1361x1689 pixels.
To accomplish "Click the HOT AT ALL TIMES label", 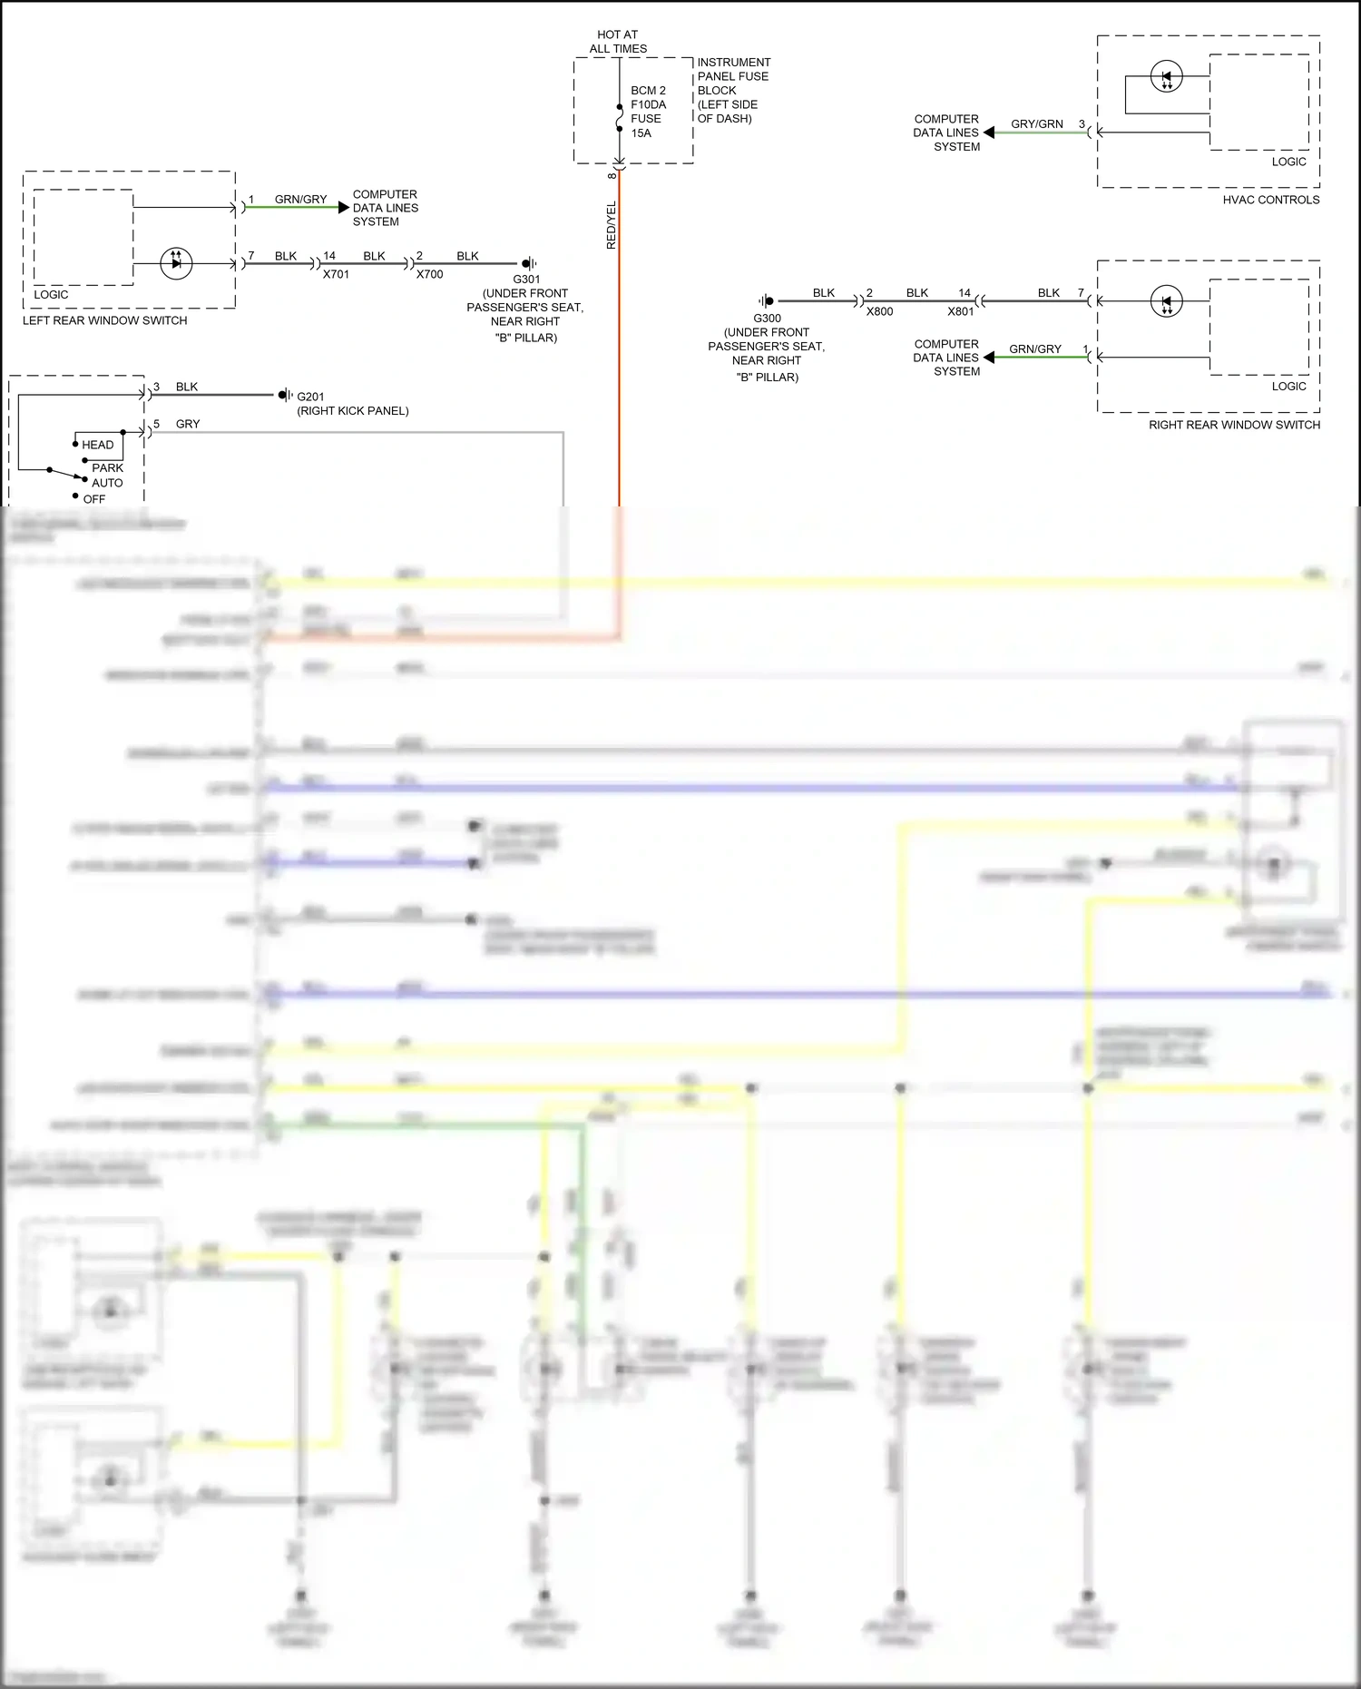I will [617, 42].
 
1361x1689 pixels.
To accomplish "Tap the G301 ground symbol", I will [528, 263].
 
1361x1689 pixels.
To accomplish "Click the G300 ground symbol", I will [768, 300].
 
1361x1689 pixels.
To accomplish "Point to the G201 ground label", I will [310, 397].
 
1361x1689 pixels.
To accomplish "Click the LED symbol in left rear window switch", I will [176, 263].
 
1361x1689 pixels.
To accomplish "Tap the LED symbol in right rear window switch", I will [1167, 301].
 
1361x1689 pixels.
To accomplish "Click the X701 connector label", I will [336, 274].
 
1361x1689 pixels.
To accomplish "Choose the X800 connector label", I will [879, 311].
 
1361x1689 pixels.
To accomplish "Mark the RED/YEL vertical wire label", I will [611, 225].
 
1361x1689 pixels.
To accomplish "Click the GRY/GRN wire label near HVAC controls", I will [1037, 123].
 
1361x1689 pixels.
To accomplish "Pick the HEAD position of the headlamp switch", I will [97, 445].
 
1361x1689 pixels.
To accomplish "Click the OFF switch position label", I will [94, 499].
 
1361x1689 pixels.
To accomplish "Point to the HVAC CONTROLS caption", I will [1270, 200].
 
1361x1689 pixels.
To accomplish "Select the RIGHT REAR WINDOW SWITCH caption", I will [1234, 425].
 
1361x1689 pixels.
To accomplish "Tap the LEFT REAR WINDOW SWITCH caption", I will [105, 320].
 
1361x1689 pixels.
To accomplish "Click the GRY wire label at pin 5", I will [188, 424].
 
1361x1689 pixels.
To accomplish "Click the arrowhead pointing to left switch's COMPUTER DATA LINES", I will [343, 208].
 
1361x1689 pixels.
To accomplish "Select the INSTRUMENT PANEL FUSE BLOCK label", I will [733, 90].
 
